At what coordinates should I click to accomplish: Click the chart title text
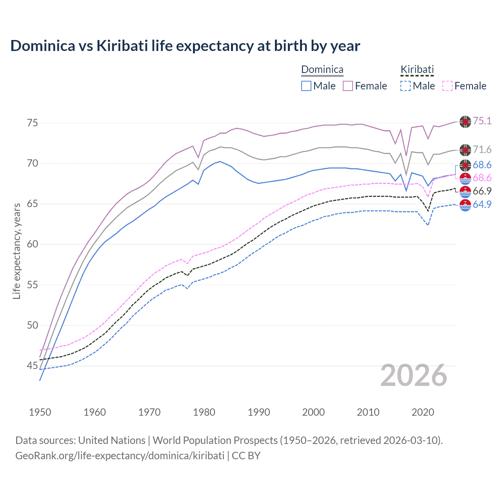[x=185, y=46]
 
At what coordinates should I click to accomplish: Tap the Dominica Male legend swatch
[x=306, y=86]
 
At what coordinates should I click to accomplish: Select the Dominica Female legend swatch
[x=348, y=86]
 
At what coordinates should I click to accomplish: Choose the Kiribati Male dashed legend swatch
[x=406, y=86]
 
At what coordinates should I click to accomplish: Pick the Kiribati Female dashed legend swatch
[x=447, y=86]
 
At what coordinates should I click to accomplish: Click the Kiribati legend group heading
[x=417, y=70]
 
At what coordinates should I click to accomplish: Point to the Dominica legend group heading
[x=322, y=70]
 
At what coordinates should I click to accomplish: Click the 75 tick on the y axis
[x=32, y=123]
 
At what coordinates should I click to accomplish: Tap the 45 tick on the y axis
[x=32, y=366]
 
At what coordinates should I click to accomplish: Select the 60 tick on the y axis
[x=32, y=244]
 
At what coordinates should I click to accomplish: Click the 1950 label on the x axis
[x=40, y=412]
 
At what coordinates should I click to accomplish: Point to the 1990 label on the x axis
[x=259, y=412]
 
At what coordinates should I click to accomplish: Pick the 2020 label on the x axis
[x=423, y=412]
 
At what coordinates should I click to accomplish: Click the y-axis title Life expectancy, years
[x=16, y=251]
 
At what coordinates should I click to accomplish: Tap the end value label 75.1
[x=482, y=121]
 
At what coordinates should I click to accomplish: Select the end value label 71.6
[x=482, y=149]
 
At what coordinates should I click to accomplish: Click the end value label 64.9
[x=482, y=204]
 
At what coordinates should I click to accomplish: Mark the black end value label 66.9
[x=482, y=191]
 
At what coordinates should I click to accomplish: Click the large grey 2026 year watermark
[x=414, y=375]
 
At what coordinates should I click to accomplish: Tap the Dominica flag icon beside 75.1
[x=465, y=122]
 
